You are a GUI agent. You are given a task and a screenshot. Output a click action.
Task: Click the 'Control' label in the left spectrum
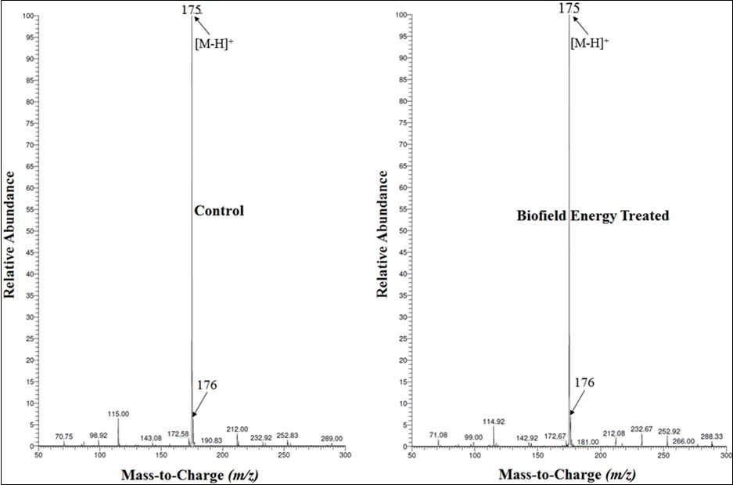(x=219, y=211)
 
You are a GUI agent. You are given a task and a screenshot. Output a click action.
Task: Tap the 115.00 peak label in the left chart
(x=118, y=414)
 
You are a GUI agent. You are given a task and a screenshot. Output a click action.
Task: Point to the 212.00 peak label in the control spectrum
(x=237, y=429)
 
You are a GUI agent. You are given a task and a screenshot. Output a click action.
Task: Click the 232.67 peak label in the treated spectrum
(x=641, y=429)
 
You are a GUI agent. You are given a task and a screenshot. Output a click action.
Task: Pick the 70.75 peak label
(x=64, y=436)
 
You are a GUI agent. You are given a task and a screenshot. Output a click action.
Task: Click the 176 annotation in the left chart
(x=207, y=385)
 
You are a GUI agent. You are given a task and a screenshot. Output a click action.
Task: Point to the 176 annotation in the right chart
(x=584, y=382)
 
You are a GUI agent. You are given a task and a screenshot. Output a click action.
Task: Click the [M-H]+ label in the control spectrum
(x=214, y=43)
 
